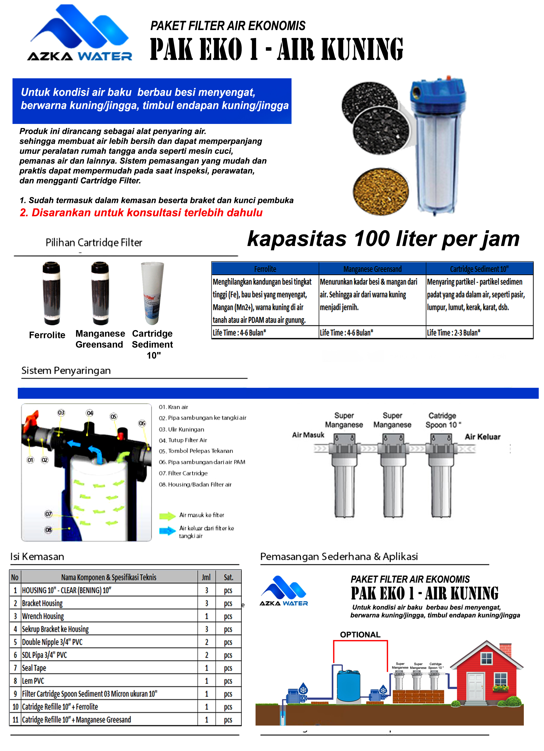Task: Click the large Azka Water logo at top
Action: pos(79,33)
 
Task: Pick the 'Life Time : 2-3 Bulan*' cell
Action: pos(453,333)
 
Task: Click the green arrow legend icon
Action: pos(167,516)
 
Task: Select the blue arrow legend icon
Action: pos(167,531)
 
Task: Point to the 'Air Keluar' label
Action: pos(482,437)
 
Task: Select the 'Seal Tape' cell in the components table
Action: pos(34,668)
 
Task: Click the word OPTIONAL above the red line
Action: pos(360,635)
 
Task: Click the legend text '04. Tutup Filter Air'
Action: pos(187,440)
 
